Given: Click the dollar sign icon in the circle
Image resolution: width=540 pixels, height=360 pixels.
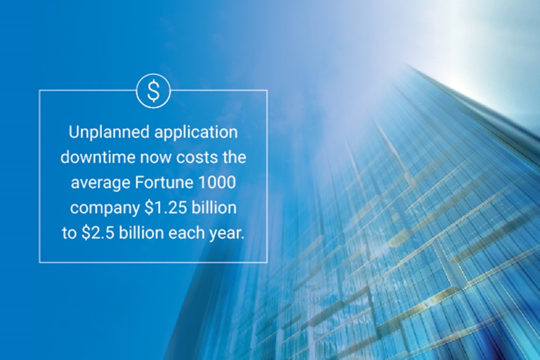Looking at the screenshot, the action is (153, 91).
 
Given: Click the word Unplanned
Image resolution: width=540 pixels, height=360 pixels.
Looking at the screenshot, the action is (109, 132).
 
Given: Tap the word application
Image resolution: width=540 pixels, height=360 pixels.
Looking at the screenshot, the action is (196, 132).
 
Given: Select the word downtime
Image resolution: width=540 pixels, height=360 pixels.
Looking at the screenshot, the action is (98, 157).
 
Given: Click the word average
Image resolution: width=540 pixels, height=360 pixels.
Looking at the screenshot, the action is (101, 183).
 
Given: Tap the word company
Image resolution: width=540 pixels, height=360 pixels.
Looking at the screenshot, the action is (105, 209).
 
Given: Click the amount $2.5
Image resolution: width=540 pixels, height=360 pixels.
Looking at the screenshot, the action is (98, 233).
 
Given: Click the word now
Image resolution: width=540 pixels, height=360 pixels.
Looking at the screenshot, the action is (156, 158).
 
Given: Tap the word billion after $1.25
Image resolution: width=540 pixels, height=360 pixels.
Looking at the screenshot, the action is (214, 207).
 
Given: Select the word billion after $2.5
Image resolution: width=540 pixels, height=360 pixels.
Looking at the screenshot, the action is (142, 233).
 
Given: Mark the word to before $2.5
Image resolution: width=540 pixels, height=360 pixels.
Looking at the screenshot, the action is (70, 233).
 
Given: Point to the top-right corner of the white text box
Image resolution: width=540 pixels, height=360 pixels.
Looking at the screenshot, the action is (267, 91).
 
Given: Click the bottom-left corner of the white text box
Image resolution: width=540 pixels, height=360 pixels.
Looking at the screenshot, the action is (40, 262).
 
